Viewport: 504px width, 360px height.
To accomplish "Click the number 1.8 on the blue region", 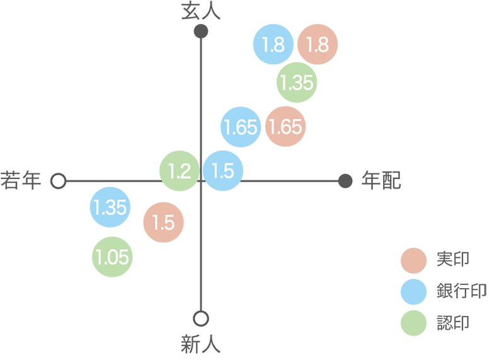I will (273, 45).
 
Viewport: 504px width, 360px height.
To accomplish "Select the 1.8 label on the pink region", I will (317, 45).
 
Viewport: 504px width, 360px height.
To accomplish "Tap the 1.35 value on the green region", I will (297, 83).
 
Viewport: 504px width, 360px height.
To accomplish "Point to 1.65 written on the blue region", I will (240, 127).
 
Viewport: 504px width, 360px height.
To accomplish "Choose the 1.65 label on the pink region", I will (285, 127).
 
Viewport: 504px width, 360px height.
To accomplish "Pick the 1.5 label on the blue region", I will (222, 171).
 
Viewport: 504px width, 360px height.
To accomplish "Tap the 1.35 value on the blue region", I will (110, 207).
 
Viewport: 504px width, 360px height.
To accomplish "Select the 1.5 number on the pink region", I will (163, 223).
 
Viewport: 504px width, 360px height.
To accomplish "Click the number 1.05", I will (113, 257).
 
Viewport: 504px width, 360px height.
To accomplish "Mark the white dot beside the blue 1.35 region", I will (59, 181).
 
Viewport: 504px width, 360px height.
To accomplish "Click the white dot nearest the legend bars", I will (201, 318).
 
